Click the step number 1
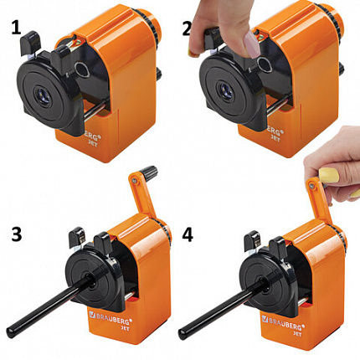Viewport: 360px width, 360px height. coord(16,28)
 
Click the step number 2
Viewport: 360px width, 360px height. coord(187,29)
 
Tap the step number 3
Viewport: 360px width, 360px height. coord(17,234)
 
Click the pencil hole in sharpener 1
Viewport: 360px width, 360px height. coord(44,95)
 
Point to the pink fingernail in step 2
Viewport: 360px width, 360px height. coord(251,44)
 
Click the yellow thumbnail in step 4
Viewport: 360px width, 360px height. coord(329,175)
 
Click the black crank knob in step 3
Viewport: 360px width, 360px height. coord(148,170)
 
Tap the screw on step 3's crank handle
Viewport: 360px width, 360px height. coord(135,181)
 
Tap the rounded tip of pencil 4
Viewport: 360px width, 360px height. coord(183,334)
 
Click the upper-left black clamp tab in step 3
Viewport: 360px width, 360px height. coord(77,236)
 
